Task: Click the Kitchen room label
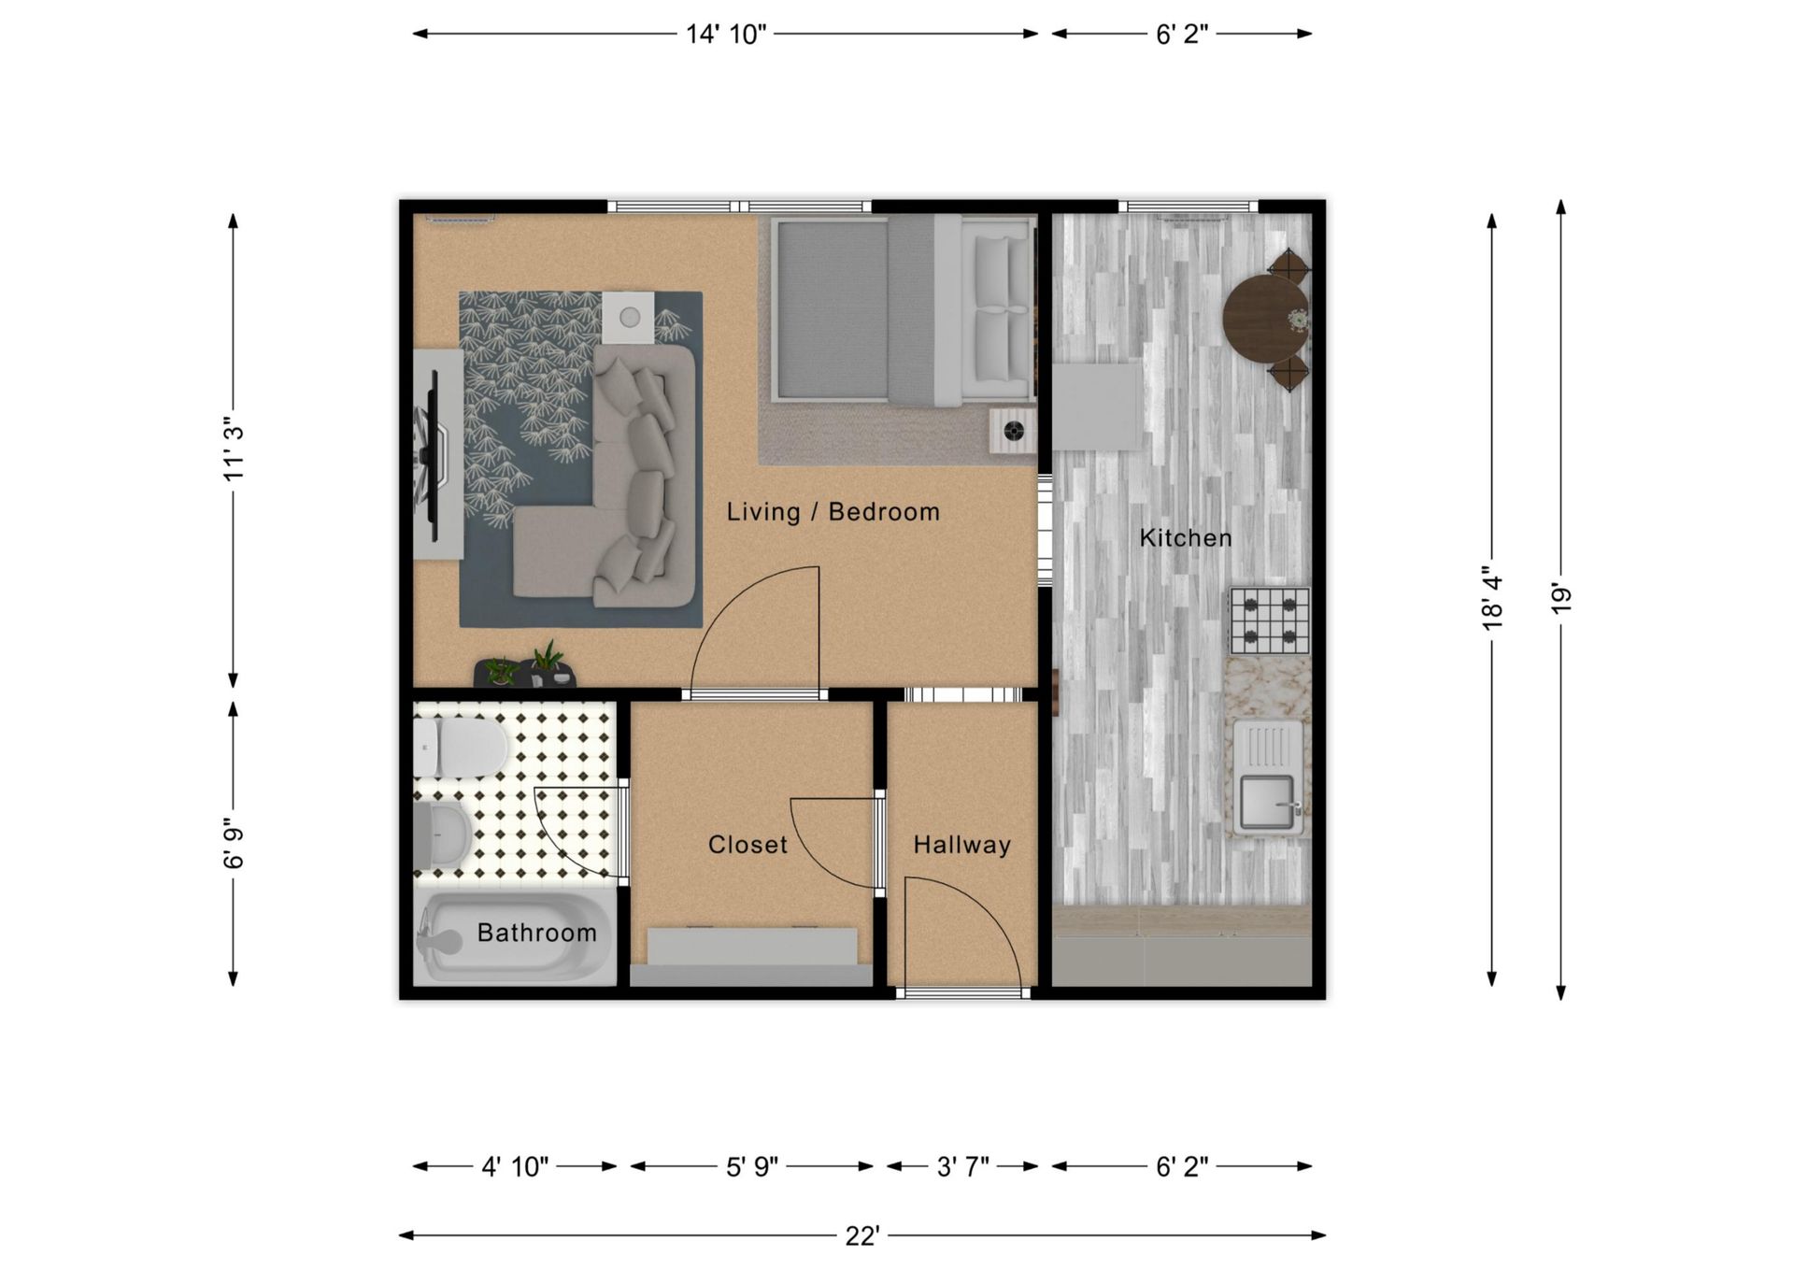click(1185, 538)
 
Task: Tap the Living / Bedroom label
click(833, 512)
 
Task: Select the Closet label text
click(747, 845)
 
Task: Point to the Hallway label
click(961, 845)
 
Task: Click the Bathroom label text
click(536, 933)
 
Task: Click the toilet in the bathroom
click(462, 748)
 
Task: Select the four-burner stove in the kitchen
click(1269, 620)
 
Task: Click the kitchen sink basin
click(1266, 802)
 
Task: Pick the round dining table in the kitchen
click(1264, 318)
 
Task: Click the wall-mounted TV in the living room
click(432, 454)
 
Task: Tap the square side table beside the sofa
click(628, 318)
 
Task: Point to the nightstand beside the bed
click(1013, 431)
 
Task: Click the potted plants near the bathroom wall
click(525, 667)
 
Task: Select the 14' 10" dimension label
click(726, 35)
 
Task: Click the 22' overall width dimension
click(861, 1236)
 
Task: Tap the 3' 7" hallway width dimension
click(962, 1167)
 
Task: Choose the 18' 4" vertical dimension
click(1492, 602)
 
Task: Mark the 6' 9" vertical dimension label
click(234, 843)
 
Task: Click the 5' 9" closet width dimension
click(752, 1167)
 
